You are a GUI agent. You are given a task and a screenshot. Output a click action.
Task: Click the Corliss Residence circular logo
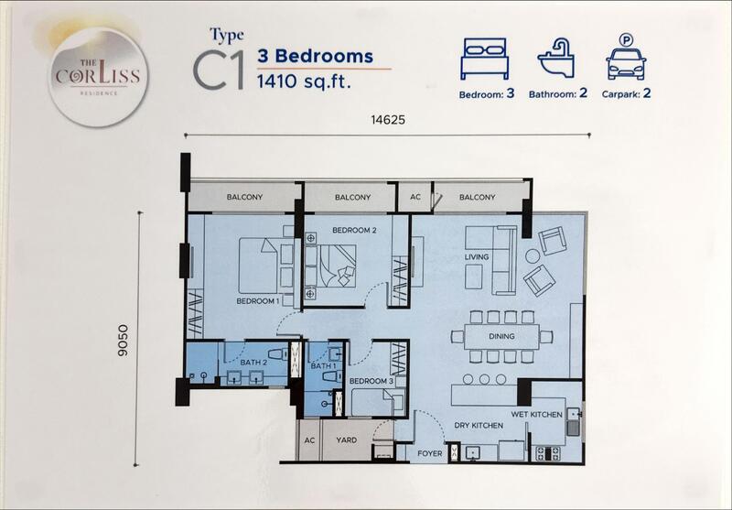(98, 77)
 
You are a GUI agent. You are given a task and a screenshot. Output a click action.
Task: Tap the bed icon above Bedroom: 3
(484, 59)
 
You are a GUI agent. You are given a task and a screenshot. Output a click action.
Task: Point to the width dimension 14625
(388, 120)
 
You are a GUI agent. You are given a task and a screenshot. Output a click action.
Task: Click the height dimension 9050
(123, 341)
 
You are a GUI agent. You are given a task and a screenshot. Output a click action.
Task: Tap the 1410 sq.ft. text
(304, 81)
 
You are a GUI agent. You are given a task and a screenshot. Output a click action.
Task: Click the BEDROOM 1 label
(258, 301)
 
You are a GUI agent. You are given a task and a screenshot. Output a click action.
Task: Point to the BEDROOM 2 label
(354, 230)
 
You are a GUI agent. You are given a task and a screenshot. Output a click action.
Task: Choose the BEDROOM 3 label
(371, 381)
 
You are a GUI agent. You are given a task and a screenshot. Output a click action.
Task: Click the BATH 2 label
(253, 363)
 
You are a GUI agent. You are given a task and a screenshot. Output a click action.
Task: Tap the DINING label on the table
(501, 336)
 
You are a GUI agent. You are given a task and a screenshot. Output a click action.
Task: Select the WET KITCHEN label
(536, 414)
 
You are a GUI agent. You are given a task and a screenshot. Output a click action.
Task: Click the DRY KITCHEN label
(479, 426)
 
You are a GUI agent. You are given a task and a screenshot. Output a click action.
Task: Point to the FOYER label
(429, 453)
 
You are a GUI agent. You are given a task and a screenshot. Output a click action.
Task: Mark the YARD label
(347, 439)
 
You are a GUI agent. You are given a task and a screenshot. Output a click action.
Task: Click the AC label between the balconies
(415, 197)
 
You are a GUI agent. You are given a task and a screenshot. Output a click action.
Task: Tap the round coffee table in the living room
(533, 255)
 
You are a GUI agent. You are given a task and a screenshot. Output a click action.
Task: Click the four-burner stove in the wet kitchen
(547, 453)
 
